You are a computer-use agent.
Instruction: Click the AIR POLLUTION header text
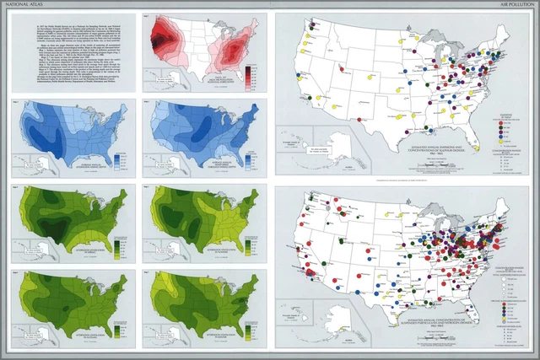pos(514,5)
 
